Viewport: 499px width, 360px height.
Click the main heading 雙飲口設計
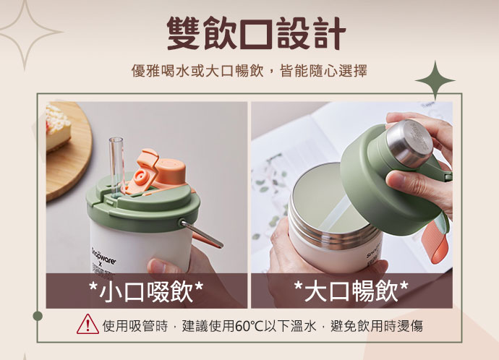[x=256, y=33]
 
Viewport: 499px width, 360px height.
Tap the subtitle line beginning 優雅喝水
[x=249, y=71]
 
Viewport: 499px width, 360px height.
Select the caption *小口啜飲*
[x=146, y=291]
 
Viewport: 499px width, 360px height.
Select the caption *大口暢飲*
[x=351, y=291]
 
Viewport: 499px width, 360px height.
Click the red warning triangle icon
[x=88, y=325]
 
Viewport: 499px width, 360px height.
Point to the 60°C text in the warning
[x=249, y=326]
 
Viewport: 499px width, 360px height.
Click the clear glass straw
[x=116, y=166]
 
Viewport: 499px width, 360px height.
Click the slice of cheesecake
[x=57, y=127]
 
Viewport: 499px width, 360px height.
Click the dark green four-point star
[x=435, y=80]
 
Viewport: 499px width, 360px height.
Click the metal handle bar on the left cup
[x=201, y=233]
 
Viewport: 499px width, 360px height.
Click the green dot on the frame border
[x=38, y=316]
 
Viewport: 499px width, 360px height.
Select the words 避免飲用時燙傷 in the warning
[x=377, y=326]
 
